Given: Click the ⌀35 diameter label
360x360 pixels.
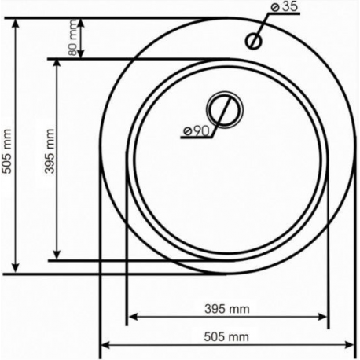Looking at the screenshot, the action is [285, 7].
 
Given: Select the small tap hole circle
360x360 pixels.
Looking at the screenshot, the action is [253, 41].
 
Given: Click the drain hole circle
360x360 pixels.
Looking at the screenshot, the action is [225, 110].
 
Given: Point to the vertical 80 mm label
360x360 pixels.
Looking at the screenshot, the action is [73, 38].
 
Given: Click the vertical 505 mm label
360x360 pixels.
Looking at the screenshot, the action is [6, 151].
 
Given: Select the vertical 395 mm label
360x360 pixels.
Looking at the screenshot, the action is [50, 151].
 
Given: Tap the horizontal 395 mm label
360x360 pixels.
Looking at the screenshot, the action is [227, 309].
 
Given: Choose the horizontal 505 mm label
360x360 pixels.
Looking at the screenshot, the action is [226, 336].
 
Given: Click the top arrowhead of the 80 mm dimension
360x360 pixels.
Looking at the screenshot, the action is [81, 23].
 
